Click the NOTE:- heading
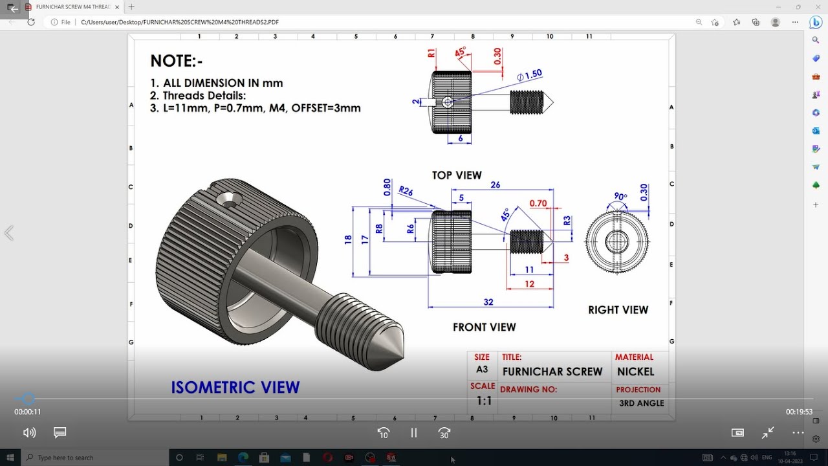click(177, 61)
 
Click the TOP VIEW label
click(457, 175)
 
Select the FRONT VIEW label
click(484, 327)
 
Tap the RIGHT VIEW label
click(618, 310)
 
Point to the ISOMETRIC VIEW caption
click(235, 388)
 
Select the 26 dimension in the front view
click(496, 185)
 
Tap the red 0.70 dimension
click(538, 203)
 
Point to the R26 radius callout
click(406, 191)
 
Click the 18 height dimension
click(348, 239)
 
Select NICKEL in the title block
click(635, 372)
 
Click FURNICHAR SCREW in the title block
click(552, 372)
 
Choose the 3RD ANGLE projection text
click(641, 403)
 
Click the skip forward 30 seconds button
click(444, 433)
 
